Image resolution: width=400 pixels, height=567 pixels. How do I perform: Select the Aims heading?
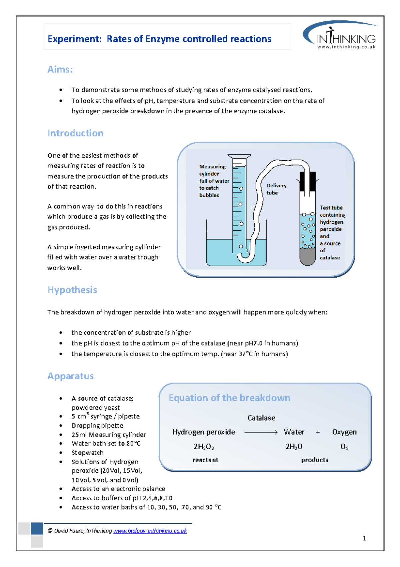point(60,69)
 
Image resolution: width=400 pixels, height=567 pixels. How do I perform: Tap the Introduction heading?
point(75,133)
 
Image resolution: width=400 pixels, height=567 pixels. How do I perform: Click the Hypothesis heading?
point(72,290)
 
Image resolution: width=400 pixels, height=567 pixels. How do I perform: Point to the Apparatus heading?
point(70,376)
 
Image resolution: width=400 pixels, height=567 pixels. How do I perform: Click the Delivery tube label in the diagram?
point(276,189)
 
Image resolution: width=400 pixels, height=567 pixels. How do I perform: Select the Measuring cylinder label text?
point(213,181)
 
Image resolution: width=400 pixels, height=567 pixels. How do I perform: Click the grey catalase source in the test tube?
point(307,256)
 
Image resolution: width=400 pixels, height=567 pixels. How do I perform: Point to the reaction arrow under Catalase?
point(261,432)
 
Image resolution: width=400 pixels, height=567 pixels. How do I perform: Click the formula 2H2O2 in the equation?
point(204,447)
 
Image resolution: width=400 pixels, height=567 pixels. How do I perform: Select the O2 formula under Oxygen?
point(344,447)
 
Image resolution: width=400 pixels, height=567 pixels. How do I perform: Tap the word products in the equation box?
point(314,460)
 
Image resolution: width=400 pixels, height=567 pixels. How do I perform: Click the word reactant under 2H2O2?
point(205,460)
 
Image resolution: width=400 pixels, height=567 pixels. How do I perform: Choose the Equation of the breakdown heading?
point(229,398)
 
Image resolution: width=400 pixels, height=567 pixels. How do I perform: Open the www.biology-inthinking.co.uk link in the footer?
point(150,531)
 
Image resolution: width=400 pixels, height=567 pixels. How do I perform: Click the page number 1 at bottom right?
point(364,538)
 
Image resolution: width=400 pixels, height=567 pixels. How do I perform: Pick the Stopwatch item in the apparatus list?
point(87,453)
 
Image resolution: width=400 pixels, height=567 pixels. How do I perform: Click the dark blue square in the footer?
point(37,529)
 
